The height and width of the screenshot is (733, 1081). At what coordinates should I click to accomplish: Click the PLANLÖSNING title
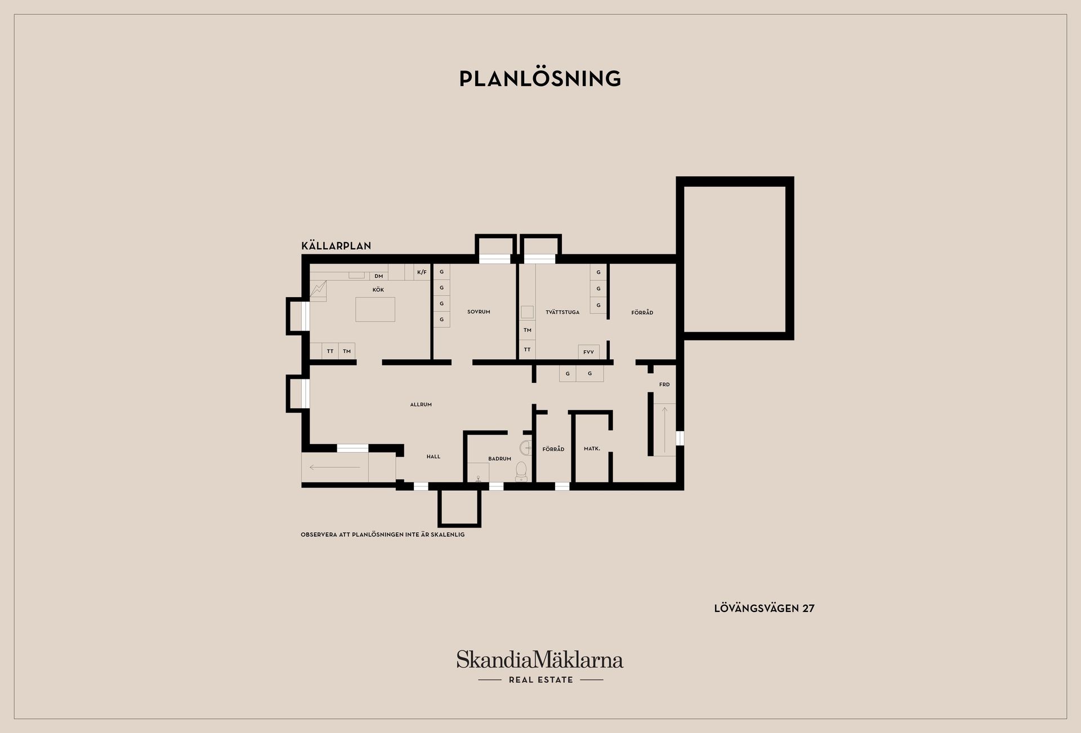click(x=540, y=79)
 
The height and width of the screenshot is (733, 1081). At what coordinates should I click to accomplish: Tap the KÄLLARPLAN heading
click(x=336, y=246)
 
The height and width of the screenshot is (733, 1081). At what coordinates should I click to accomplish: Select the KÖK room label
click(x=378, y=290)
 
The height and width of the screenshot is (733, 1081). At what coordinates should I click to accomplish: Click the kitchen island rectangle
click(x=375, y=310)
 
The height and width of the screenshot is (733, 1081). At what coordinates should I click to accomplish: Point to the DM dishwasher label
click(x=379, y=276)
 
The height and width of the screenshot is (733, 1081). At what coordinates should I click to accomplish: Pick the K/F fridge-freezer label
click(x=422, y=272)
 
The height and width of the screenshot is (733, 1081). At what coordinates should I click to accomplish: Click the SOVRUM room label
click(x=479, y=312)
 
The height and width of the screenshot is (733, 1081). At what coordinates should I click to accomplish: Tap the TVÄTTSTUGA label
click(x=562, y=312)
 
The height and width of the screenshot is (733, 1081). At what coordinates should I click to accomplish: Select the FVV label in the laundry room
click(x=589, y=352)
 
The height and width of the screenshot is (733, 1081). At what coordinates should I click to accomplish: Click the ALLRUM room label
click(x=421, y=405)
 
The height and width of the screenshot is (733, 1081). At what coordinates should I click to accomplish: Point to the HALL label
click(x=434, y=457)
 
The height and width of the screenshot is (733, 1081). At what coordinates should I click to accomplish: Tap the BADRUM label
click(x=500, y=459)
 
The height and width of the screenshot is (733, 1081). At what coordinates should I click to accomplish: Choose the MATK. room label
click(x=592, y=449)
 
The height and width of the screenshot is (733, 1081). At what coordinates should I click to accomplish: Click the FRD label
click(x=665, y=385)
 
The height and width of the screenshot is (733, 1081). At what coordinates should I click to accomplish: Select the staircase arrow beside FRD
click(x=665, y=430)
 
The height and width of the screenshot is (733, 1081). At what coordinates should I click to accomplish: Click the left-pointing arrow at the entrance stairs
click(x=334, y=467)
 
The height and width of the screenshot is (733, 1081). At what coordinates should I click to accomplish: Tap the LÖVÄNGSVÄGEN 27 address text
click(x=764, y=609)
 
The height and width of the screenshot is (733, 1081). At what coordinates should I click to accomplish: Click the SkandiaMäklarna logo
click(x=540, y=667)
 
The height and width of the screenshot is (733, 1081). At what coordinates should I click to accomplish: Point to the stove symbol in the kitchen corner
click(x=318, y=290)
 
